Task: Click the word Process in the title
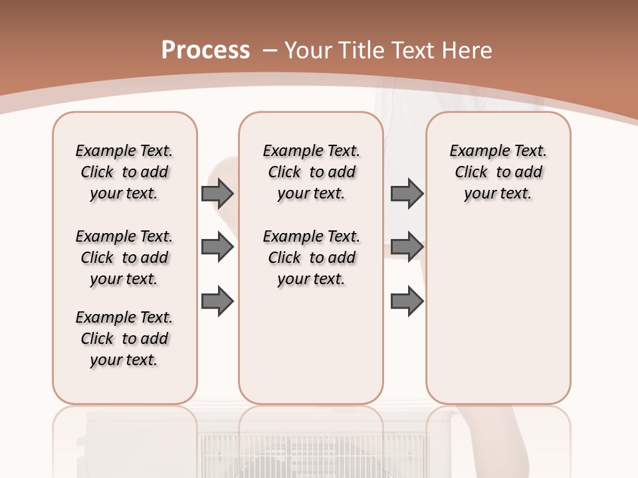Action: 205,50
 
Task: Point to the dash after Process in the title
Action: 270,51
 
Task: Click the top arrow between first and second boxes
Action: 217,194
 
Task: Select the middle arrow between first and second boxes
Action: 217,247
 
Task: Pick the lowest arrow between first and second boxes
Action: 217,301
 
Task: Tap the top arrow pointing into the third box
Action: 407,194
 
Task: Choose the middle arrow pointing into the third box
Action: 407,247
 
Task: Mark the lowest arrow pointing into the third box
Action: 407,301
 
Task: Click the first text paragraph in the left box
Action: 124,172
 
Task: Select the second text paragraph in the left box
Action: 124,258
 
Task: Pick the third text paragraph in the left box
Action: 124,339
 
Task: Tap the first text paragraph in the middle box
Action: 311,172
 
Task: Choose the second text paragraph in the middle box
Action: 311,258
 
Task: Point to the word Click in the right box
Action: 471,173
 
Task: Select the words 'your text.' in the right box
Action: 498,194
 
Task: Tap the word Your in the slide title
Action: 309,50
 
